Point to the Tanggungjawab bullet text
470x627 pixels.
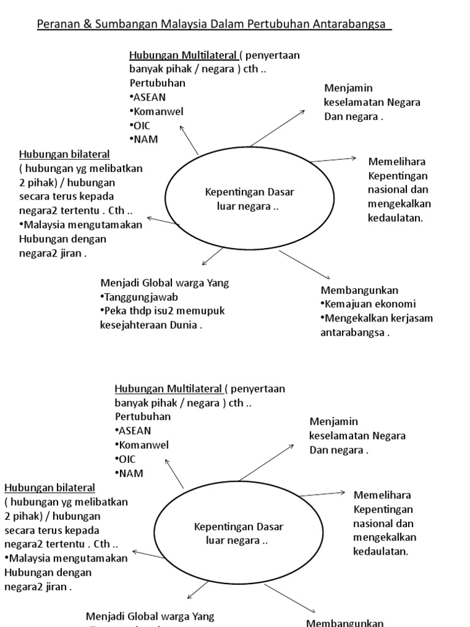(x=136, y=297)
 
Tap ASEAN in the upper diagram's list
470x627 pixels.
(x=149, y=97)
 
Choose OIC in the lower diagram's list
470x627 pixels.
(x=127, y=459)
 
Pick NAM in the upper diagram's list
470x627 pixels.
(x=145, y=139)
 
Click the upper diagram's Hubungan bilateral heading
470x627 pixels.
(x=56, y=153)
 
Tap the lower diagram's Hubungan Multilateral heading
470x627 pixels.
(x=168, y=389)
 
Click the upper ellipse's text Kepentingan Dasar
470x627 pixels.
(x=249, y=192)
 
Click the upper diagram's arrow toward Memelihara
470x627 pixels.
(x=334, y=159)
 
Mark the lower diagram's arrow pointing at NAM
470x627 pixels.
(x=174, y=472)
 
